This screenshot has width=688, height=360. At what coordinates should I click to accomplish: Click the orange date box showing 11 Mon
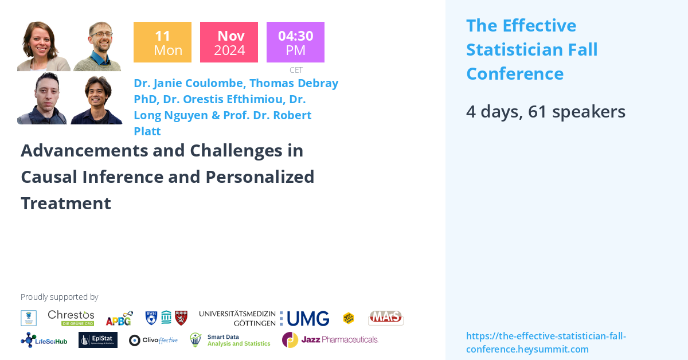tap(162, 42)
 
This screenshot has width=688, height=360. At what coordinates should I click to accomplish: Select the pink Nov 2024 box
tap(229, 42)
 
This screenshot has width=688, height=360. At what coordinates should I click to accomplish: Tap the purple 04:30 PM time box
tap(295, 42)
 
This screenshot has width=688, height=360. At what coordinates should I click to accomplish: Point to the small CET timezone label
tap(296, 70)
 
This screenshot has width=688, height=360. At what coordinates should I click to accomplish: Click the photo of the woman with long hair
tap(44, 46)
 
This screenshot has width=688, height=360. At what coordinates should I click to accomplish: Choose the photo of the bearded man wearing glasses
tap(97, 46)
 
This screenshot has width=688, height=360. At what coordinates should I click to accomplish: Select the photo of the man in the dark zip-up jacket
tap(44, 99)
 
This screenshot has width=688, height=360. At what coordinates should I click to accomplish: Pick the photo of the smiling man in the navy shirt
tap(97, 99)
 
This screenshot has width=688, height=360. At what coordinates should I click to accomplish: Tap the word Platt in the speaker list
tap(147, 131)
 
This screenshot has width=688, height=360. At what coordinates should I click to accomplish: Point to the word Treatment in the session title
tap(66, 204)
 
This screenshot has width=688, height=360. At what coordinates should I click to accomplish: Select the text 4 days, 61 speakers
tap(545, 112)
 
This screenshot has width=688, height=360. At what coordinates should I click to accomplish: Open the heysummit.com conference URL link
tap(545, 342)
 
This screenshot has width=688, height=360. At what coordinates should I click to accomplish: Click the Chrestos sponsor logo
tap(71, 318)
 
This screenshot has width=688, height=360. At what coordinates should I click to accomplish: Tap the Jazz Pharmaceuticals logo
tap(330, 339)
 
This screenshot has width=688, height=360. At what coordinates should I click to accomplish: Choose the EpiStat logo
tap(98, 340)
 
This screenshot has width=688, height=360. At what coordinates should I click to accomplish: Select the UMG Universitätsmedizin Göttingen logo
tap(264, 318)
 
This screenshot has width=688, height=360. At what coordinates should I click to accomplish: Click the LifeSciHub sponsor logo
tap(44, 340)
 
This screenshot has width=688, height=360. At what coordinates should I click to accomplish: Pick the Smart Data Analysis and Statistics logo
tap(230, 340)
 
